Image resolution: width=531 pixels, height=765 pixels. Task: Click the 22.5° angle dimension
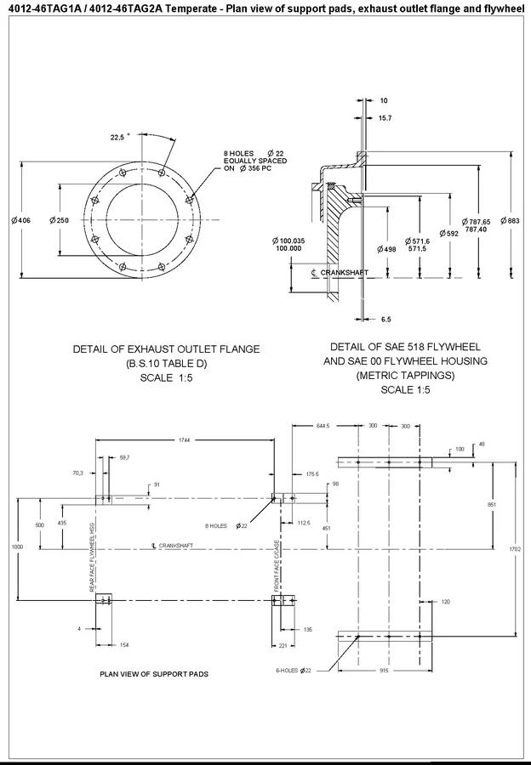coord(117,137)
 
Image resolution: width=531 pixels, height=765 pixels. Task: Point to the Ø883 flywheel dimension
coord(511,221)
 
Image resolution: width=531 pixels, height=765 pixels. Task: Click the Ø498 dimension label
coord(386,249)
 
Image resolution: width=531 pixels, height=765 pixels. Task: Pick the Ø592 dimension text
coord(448,233)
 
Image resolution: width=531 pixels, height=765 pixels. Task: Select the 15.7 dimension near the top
coord(385,117)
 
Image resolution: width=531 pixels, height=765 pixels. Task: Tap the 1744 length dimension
coord(185,440)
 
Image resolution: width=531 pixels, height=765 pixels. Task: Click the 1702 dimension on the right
coord(515,549)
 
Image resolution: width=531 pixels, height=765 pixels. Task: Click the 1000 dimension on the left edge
coord(17,547)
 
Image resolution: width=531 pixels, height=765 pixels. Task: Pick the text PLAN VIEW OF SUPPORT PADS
coord(154,674)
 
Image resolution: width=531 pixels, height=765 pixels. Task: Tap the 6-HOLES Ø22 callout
coord(294,670)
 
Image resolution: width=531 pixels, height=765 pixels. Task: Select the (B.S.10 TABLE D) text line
coord(166,364)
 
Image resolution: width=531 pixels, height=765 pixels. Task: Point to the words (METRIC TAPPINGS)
coord(406,375)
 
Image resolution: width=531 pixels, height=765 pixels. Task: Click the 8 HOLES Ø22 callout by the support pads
coord(226,526)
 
